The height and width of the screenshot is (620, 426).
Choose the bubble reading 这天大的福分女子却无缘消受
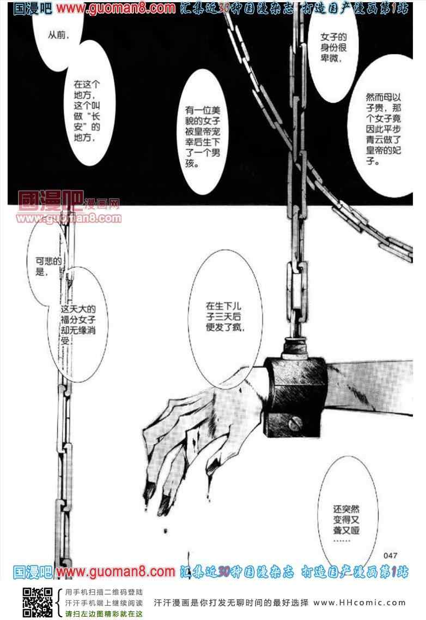click(78, 324)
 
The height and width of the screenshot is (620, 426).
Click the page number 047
click(390, 556)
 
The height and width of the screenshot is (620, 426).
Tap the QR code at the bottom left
click(38, 602)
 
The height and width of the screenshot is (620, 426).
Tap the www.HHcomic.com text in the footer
click(360, 603)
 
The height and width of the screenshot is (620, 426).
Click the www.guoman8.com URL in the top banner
click(115, 8)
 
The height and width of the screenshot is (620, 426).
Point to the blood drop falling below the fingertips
click(165, 530)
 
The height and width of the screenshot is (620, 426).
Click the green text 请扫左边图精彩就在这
click(104, 613)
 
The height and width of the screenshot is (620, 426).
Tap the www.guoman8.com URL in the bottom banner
click(115, 572)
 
